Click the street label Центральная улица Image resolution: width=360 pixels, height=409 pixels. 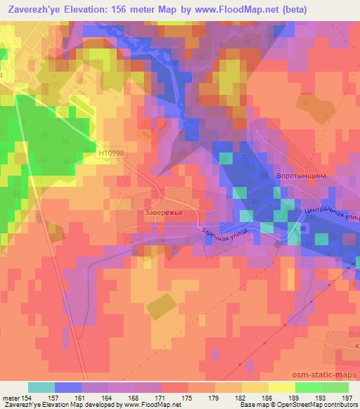(330, 213)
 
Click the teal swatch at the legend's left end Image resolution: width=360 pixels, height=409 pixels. (41, 387)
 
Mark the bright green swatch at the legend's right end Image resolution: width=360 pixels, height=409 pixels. (335, 387)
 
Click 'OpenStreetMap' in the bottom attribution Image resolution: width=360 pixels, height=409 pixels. (304, 405)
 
